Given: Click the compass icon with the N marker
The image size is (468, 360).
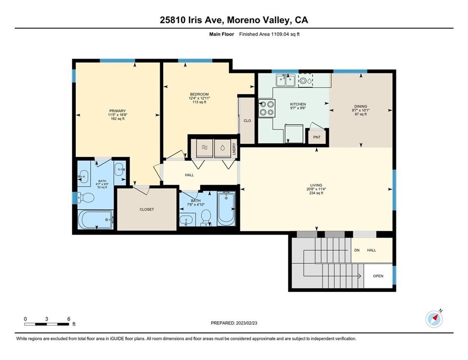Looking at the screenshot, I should click(x=434, y=319).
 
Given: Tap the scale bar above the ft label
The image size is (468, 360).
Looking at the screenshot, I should click(x=47, y=323).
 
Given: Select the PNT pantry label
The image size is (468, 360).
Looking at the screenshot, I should click(x=317, y=137).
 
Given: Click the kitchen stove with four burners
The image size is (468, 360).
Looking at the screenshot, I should click(x=267, y=109).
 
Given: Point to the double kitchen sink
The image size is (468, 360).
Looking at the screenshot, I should click(x=286, y=81).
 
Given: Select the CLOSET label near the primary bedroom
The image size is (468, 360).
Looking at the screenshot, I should click(x=147, y=210).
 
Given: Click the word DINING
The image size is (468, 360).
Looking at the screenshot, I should click(x=361, y=106).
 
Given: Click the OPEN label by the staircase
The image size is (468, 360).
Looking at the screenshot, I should click(x=378, y=276).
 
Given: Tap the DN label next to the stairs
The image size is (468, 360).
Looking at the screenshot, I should click(x=356, y=250).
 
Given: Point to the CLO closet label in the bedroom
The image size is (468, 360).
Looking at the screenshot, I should click(x=247, y=120).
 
